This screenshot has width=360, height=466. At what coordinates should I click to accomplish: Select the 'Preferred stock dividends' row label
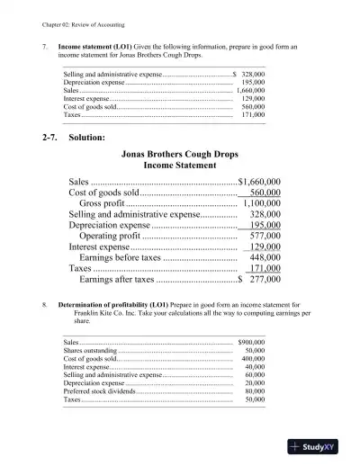pos(102,391)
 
